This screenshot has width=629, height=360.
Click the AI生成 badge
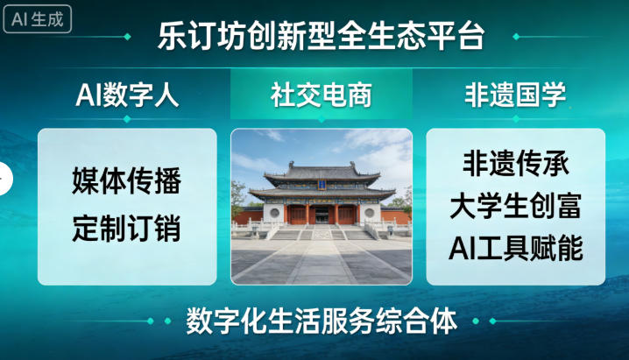36,18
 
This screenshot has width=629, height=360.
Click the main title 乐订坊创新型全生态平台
321,37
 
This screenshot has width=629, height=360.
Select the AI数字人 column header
128,95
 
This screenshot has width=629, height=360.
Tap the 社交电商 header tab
321,95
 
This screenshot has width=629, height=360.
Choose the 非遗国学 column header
515,95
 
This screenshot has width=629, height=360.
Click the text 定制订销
127,229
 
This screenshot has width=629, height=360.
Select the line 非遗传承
515,164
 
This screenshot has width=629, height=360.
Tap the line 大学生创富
515,207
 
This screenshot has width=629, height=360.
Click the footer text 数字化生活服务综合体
322,321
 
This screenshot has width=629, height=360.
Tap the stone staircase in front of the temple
322,233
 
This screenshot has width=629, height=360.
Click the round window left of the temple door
273,213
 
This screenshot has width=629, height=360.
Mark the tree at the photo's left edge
237,197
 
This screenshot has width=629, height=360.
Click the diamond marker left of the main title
129,37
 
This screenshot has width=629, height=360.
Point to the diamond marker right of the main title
515,37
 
